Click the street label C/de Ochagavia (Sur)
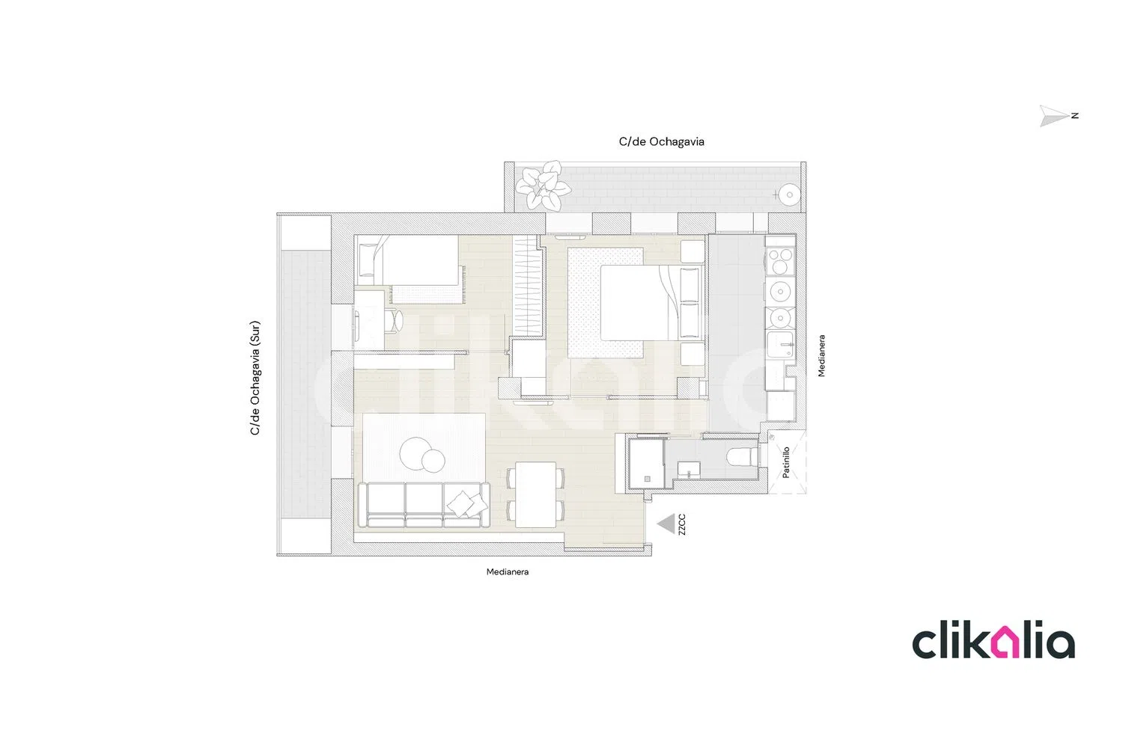[255, 378]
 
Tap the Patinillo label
[786, 462]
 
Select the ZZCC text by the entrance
[682, 524]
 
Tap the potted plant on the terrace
[543, 186]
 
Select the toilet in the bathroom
[743, 456]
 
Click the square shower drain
[648, 479]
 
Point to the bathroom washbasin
[688, 470]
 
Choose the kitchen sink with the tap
[780, 344]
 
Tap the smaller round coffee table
[433, 461]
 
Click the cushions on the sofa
[467, 503]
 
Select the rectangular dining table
[535, 494]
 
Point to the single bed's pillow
[368, 260]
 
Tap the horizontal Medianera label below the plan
[508, 571]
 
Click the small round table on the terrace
[789, 195]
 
